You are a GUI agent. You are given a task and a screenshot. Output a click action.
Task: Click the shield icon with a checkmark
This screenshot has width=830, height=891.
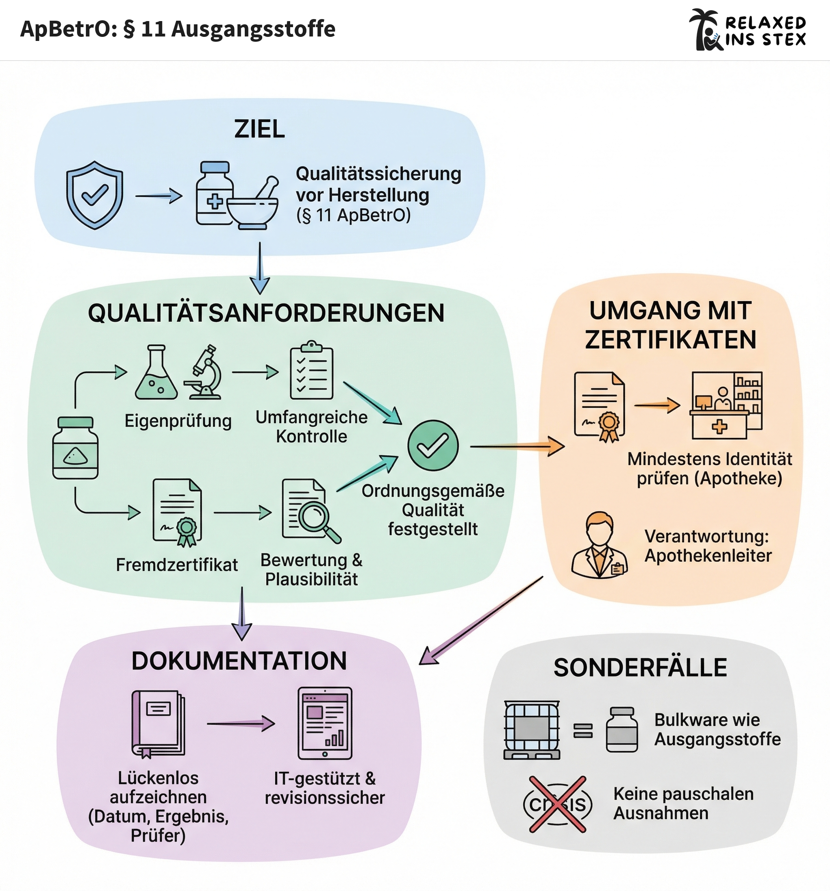pos(94,195)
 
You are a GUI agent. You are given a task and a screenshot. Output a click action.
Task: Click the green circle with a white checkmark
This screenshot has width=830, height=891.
pos(433,445)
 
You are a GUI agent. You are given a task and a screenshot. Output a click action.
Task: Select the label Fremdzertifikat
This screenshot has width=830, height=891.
pos(177,565)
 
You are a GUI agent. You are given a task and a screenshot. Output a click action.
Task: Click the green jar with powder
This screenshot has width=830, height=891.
pos(75,448)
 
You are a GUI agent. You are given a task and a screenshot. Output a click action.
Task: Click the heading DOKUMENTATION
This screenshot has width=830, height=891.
pos(240,661)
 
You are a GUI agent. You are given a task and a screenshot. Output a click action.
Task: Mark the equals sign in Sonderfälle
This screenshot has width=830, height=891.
pos(583,731)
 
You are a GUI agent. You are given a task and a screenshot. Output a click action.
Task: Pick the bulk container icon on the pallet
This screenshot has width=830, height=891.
pos(532,730)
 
